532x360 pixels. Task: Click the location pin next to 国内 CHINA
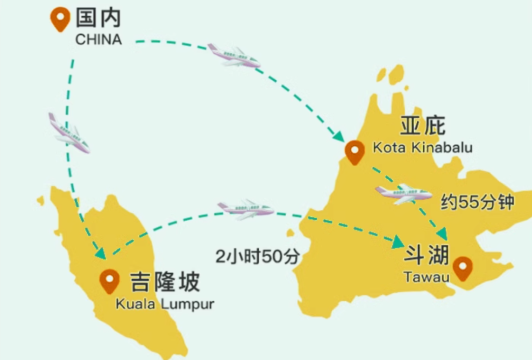pos(60,19)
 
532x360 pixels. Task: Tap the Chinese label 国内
pos(99,19)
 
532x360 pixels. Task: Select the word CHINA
pos(99,39)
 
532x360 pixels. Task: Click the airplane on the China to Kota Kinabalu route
pos(233,56)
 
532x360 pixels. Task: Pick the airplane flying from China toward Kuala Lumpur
pos(68,133)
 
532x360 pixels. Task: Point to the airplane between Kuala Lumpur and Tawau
pos(245,209)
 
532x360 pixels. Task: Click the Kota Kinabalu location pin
pos(355,152)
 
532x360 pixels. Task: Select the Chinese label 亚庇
pos(423,126)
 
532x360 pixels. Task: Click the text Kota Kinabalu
pos(422,147)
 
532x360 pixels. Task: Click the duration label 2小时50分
pos(257,257)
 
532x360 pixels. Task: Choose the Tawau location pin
pos(463,268)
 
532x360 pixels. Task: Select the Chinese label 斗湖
pos(427,256)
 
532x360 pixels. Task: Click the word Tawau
pos(427,278)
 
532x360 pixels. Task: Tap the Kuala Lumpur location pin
pos(109,281)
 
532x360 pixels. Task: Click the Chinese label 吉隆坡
pos(165,282)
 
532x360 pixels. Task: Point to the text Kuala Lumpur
pos(165,304)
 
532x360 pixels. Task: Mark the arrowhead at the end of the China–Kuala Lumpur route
pos(100,253)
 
